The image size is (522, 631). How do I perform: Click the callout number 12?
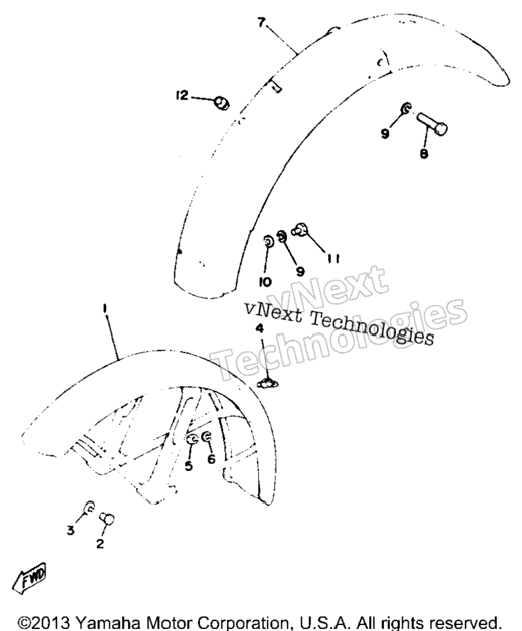182,96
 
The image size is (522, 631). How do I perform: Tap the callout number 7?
262,23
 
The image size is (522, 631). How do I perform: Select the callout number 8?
424,154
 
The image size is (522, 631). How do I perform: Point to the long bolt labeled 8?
432,123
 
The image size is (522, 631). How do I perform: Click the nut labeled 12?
221,103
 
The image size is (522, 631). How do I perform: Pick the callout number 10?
265,282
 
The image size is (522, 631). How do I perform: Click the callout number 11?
333,259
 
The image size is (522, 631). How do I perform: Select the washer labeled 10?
268,242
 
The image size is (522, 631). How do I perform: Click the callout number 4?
260,328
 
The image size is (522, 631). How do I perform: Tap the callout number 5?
189,466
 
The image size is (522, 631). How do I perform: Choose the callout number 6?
212,459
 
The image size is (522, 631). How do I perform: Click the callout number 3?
71,530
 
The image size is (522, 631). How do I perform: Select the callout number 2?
100,543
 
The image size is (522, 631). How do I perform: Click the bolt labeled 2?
107,518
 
